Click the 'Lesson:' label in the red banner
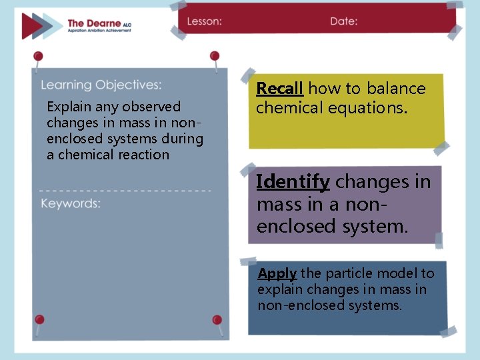point(204,21)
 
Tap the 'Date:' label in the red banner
point(343,21)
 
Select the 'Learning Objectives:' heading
point(101,85)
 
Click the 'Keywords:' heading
point(71,203)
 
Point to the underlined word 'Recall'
point(280,89)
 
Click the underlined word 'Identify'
point(293,181)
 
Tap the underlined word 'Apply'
point(277,273)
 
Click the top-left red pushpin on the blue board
point(39,57)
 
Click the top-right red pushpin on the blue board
point(215,57)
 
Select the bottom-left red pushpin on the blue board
point(39,320)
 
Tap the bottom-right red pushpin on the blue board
point(217,321)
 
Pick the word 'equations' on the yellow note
point(371,108)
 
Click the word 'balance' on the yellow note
point(396,89)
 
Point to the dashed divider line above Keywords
point(125,191)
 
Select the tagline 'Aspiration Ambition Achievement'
point(99,31)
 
